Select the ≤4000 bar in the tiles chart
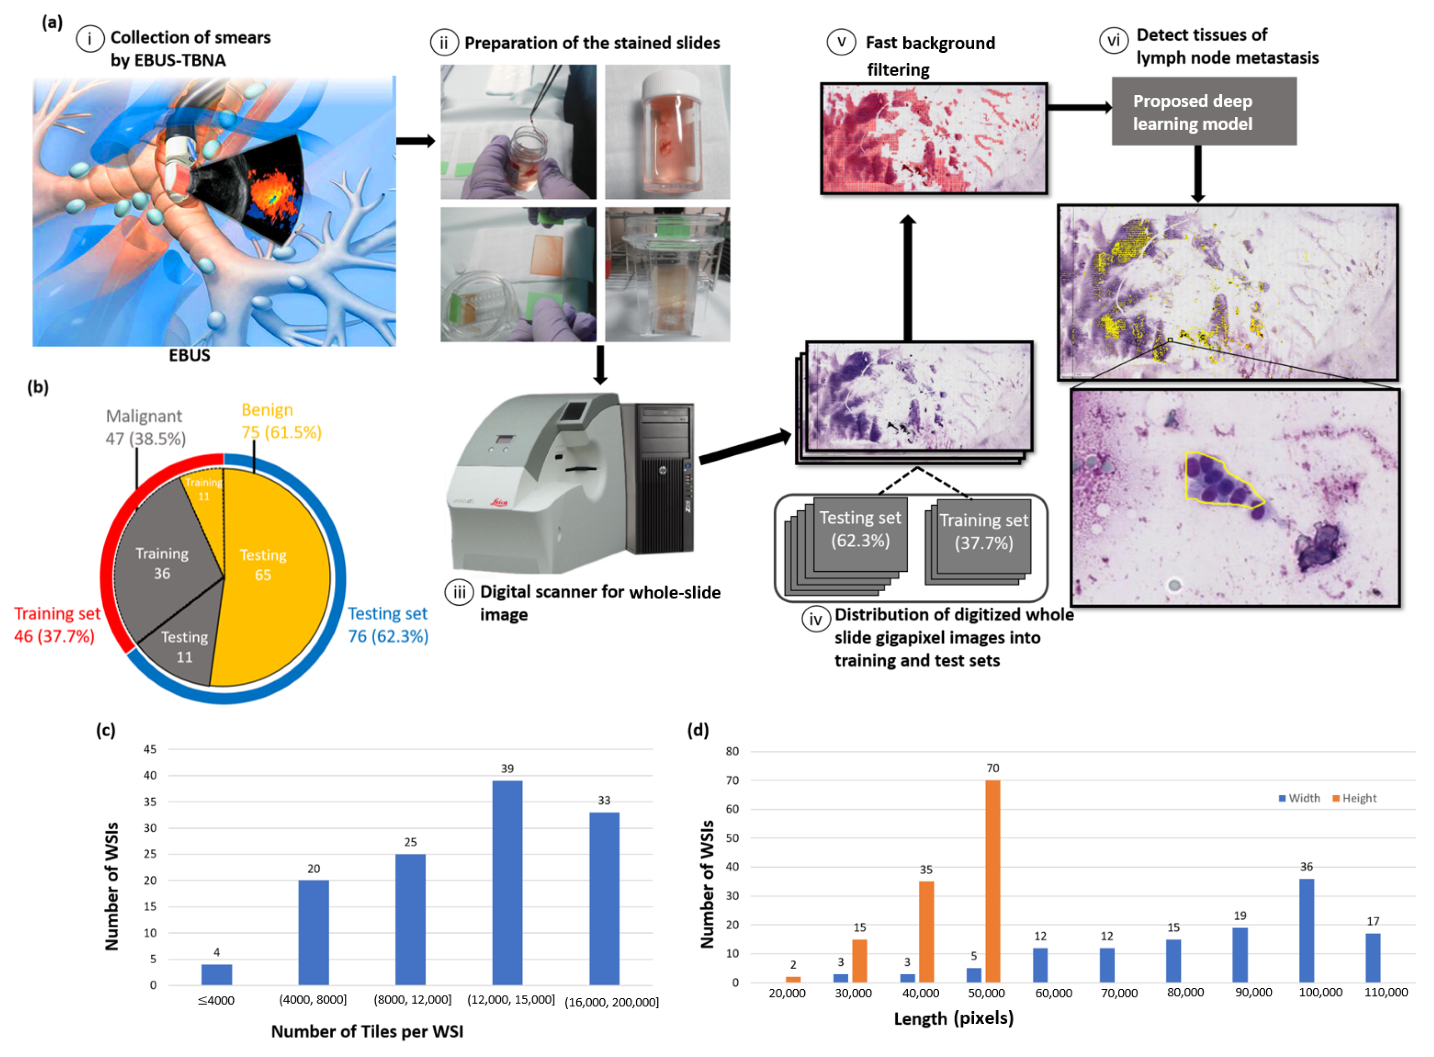coord(216,974)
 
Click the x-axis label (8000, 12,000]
coord(412,999)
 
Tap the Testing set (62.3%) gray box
coord(860,531)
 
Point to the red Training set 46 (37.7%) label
coord(56,624)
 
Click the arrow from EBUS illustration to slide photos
coord(415,140)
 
